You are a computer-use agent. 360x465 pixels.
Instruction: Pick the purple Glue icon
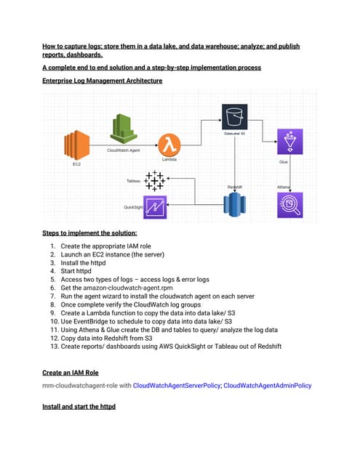pyautogui.click(x=289, y=142)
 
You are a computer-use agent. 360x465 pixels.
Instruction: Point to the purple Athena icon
pyautogui.click(x=289, y=206)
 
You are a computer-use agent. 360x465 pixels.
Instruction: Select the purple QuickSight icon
pyautogui.click(x=155, y=207)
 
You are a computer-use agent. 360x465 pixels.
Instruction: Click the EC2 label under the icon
pyautogui.click(x=76, y=165)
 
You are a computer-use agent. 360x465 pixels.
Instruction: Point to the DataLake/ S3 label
pyautogui.click(x=234, y=134)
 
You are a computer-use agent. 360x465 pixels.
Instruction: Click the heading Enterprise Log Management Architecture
pyautogui.click(x=102, y=81)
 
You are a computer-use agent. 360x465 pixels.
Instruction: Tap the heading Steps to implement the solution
pyautogui.click(x=89, y=233)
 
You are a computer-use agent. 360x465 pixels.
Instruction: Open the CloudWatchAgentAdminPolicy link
pyautogui.click(x=267, y=386)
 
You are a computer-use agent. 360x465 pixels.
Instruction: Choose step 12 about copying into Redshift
pyautogui.click(x=116, y=338)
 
